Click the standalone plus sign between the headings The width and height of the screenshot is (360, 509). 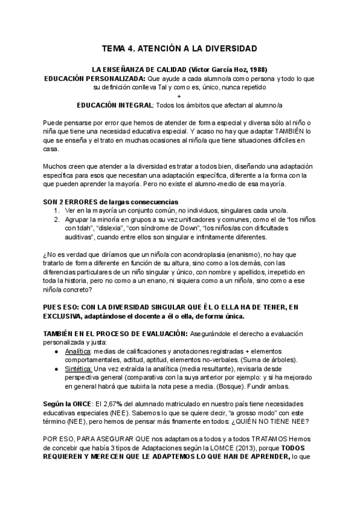179,96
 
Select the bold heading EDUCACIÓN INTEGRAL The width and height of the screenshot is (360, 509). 115,105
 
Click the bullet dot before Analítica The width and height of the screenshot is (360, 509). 56,351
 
